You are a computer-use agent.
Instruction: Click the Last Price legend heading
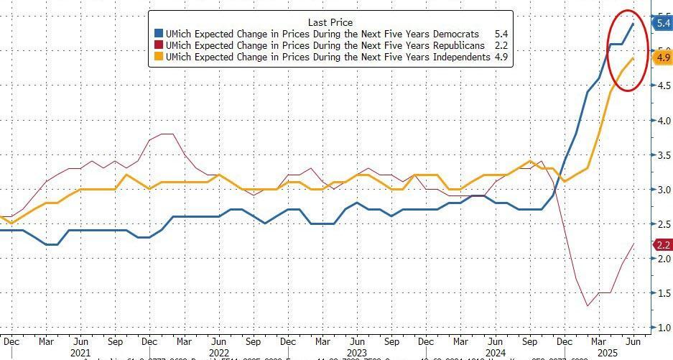[x=330, y=22]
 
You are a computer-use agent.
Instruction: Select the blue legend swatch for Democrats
[x=159, y=34]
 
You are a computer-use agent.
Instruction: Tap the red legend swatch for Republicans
[x=159, y=45]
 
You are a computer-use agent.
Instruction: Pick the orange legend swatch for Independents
[x=159, y=57]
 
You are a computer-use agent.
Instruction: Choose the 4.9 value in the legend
[x=501, y=57]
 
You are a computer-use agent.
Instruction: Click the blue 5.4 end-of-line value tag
[x=662, y=24]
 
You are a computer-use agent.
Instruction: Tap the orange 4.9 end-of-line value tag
[x=662, y=57]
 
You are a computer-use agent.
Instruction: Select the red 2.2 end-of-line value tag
[x=662, y=245]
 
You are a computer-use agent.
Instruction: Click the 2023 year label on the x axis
[x=356, y=353]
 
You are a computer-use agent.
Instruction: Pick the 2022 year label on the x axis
[x=218, y=353]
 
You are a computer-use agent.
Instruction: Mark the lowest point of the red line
[x=588, y=306]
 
